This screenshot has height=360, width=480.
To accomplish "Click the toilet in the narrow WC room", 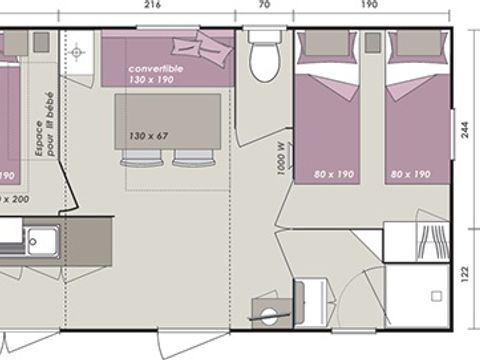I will point(264,58).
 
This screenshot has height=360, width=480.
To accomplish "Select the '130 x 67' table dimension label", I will point(149,135).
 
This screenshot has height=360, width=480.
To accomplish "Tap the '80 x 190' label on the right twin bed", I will point(410,174).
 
